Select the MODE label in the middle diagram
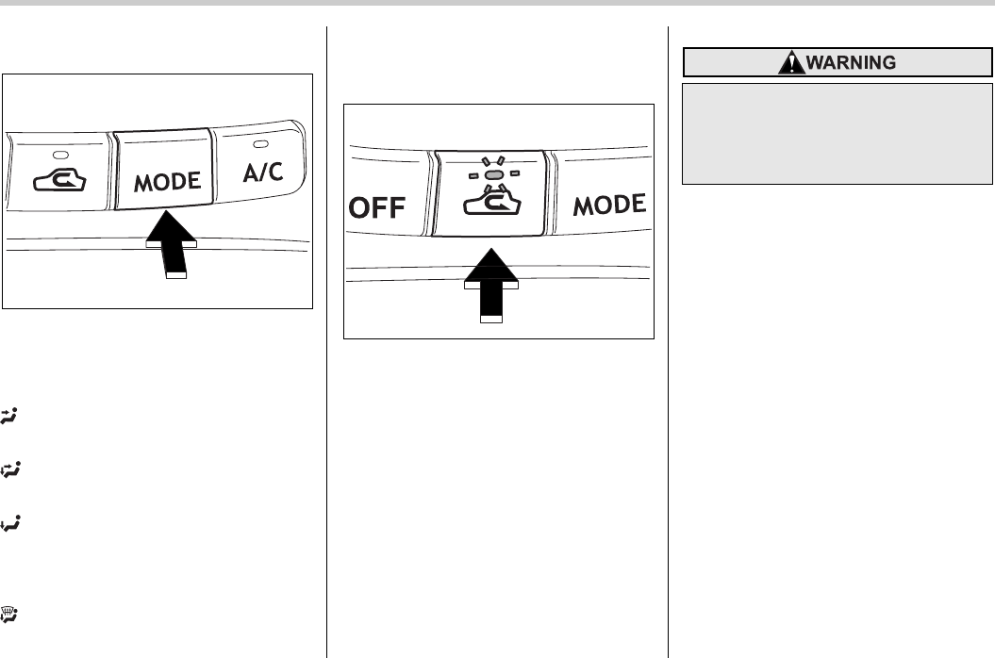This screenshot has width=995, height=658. pyautogui.click(x=609, y=204)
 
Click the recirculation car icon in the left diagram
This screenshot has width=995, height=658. pyautogui.click(x=58, y=180)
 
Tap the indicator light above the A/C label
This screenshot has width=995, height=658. pyautogui.click(x=260, y=144)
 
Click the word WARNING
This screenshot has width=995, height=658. pyautogui.click(x=845, y=62)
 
